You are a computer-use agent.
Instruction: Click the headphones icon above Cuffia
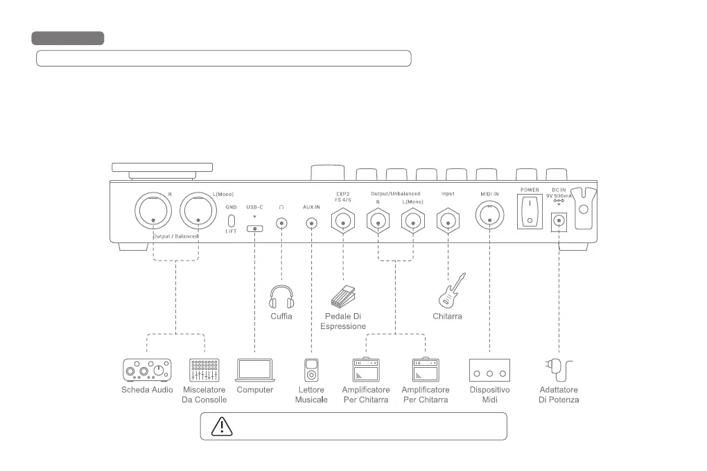[x=281, y=296]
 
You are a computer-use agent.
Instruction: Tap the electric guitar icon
[x=451, y=291]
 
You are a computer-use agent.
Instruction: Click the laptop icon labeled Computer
[x=255, y=370]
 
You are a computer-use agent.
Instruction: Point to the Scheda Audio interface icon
[x=147, y=370]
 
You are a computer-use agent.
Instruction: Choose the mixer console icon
[x=204, y=370]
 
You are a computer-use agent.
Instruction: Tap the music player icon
[x=312, y=370]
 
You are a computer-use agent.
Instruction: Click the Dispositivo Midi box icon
[x=489, y=370]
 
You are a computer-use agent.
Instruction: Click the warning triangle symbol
[x=222, y=426]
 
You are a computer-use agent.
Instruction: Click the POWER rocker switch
[x=530, y=211]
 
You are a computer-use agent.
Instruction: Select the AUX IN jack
[x=312, y=223]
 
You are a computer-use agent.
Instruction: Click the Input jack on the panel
[x=448, y=222]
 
